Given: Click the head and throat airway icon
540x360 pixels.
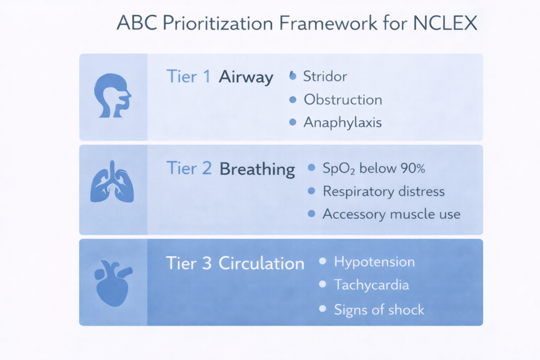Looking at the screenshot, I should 112,96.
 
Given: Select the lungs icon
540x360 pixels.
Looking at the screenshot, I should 112,185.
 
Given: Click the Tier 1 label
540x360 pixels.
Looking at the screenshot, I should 189,77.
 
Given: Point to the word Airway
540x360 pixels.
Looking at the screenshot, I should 246,77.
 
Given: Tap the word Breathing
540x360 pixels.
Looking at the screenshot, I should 257,169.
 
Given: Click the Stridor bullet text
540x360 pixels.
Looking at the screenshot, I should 325,76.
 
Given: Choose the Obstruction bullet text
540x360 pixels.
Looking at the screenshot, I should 343,100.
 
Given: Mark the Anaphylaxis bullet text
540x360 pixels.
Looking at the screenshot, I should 343,123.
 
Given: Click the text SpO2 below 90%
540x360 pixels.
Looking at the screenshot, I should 374,169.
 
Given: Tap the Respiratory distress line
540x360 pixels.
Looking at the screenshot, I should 383,191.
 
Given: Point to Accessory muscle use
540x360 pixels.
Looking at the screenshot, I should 391,214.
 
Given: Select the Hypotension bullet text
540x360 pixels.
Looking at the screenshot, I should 374,262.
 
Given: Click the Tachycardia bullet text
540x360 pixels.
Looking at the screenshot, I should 371,285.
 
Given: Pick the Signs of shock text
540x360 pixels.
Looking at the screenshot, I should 379,309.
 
